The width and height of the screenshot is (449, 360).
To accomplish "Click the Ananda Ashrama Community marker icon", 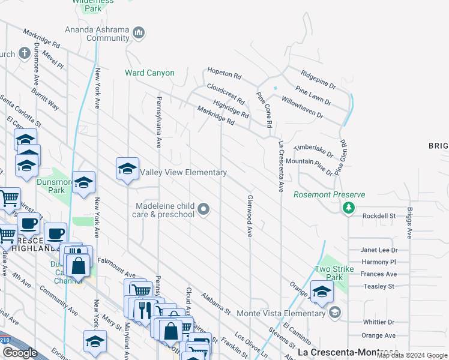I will tap(139, 32).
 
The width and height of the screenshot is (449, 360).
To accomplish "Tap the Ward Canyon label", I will tap(149, 73).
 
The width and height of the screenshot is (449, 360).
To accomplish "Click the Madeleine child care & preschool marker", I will tap(204, 209).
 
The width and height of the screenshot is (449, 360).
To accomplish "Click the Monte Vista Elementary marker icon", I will tap(335, 313).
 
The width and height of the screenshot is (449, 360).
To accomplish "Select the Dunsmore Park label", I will tap(50, 185).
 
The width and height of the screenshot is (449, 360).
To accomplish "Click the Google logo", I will tap(20, 353).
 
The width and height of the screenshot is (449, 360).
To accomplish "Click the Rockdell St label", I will tap(378, 216).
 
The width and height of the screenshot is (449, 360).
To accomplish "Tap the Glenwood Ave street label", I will tap(249, 215).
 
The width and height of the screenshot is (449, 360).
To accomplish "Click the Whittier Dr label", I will tap(378, 322).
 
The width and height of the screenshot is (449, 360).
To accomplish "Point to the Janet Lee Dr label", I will tap(379, 250).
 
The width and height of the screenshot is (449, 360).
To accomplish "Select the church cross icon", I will tap(24, 53).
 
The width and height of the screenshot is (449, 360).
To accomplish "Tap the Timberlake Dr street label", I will tap(313, 150).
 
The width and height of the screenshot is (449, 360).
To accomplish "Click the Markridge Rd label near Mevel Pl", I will tap(42, 38).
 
